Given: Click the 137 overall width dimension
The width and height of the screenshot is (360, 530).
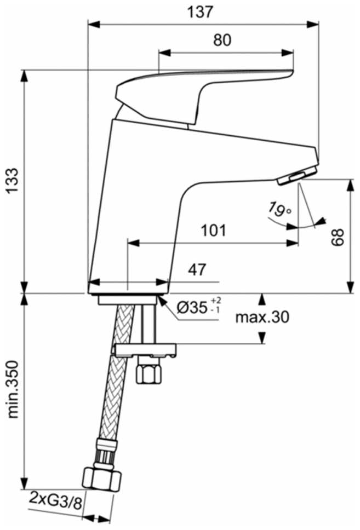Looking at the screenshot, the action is pyautogui.click(x=201, y=12).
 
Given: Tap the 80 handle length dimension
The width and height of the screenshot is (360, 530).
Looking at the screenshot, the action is pyautogui.click(x=222, y=40).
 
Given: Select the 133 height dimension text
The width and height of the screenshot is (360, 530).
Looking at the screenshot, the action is pyautogui.click(x=13, y=181).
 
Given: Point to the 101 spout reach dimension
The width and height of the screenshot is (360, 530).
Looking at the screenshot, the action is pyautogui.click(x=213, y=231).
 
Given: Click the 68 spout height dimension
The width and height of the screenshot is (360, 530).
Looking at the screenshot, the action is pyautogui.click(x=338, y=237).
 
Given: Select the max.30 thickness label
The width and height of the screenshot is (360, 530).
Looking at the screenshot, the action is pyautogui.click(x=262, y=317).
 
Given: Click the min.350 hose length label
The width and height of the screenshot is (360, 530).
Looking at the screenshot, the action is pyautogui.click(x=13, y=390).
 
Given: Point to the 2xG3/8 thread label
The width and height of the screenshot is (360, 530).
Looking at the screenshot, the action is pyautogui.click(x=56, y=500).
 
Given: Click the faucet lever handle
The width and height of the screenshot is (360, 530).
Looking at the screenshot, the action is pyautogui.click(x=205, y=96).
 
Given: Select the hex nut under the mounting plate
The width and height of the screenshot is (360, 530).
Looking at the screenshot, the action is pyautogui.click(x=148, y=371).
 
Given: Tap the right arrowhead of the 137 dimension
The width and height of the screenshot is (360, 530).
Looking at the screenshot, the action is pyautogui.click(x=312, y=24).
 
